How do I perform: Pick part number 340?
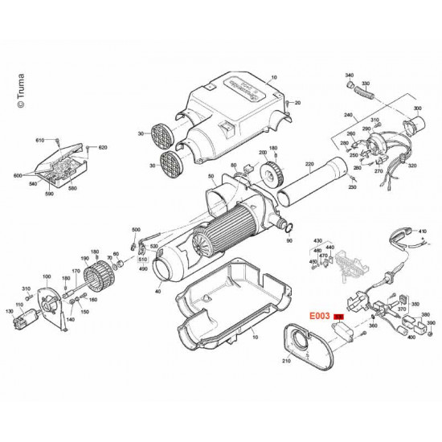coord(349,75)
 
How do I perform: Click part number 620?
coord(102,148)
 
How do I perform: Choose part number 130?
coord(9,311)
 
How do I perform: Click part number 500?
coord(135,229)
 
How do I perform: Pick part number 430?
coord(317,240)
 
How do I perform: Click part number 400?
coord(411,338)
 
